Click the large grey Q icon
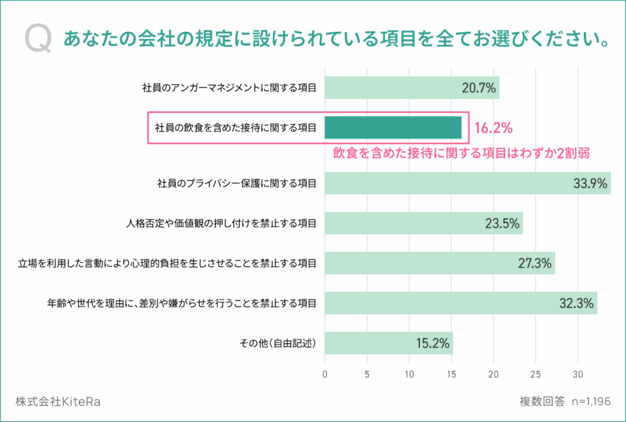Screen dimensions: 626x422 (38, 38)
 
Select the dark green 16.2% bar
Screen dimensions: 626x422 (393, 128)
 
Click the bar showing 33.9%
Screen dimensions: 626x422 (468, 183)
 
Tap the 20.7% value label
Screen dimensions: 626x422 (479, 88)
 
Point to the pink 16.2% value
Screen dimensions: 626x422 (493, 128)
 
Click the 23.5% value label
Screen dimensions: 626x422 (503, 224)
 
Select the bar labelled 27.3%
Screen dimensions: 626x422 (440, 263)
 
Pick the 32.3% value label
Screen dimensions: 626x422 (576, 304)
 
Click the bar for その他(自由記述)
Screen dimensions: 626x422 (389, 343)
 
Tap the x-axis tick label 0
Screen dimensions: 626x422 (325, 374)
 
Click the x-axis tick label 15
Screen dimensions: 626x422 (452, 374)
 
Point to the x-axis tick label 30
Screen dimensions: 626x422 (578, 374)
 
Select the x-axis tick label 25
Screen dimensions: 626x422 (536, 374)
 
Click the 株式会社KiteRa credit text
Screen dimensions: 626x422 (58, 401)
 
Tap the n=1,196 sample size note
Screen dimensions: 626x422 (591, 401)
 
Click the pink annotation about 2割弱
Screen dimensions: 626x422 (461, 153)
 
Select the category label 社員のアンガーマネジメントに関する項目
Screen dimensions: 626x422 (229, 88)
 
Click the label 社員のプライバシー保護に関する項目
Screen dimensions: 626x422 (237, 183)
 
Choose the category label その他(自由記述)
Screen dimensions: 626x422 (278, 343)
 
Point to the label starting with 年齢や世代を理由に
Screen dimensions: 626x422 (182, 304)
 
